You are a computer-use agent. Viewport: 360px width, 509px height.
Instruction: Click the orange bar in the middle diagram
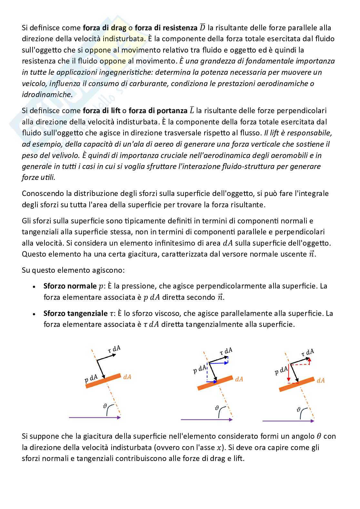coord(215,383)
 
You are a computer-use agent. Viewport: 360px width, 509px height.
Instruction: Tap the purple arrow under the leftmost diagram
coord(95,417)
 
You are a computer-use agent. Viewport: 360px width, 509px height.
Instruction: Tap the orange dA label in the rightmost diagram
coord(321,380)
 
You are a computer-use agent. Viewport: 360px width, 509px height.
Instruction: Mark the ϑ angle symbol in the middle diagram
coord(217,408)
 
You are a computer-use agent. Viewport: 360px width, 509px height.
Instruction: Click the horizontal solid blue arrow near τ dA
coord(219,363)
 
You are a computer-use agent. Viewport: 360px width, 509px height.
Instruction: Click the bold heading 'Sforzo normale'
coord(70,286)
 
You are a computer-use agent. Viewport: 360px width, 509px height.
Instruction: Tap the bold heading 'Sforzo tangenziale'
coord(75,313)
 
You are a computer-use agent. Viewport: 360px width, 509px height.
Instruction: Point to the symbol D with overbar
coord(202,27)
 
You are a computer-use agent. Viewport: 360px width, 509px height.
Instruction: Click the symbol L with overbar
coord(192,111)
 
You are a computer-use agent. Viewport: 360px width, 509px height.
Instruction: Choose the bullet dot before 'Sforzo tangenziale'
coord(34,314)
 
